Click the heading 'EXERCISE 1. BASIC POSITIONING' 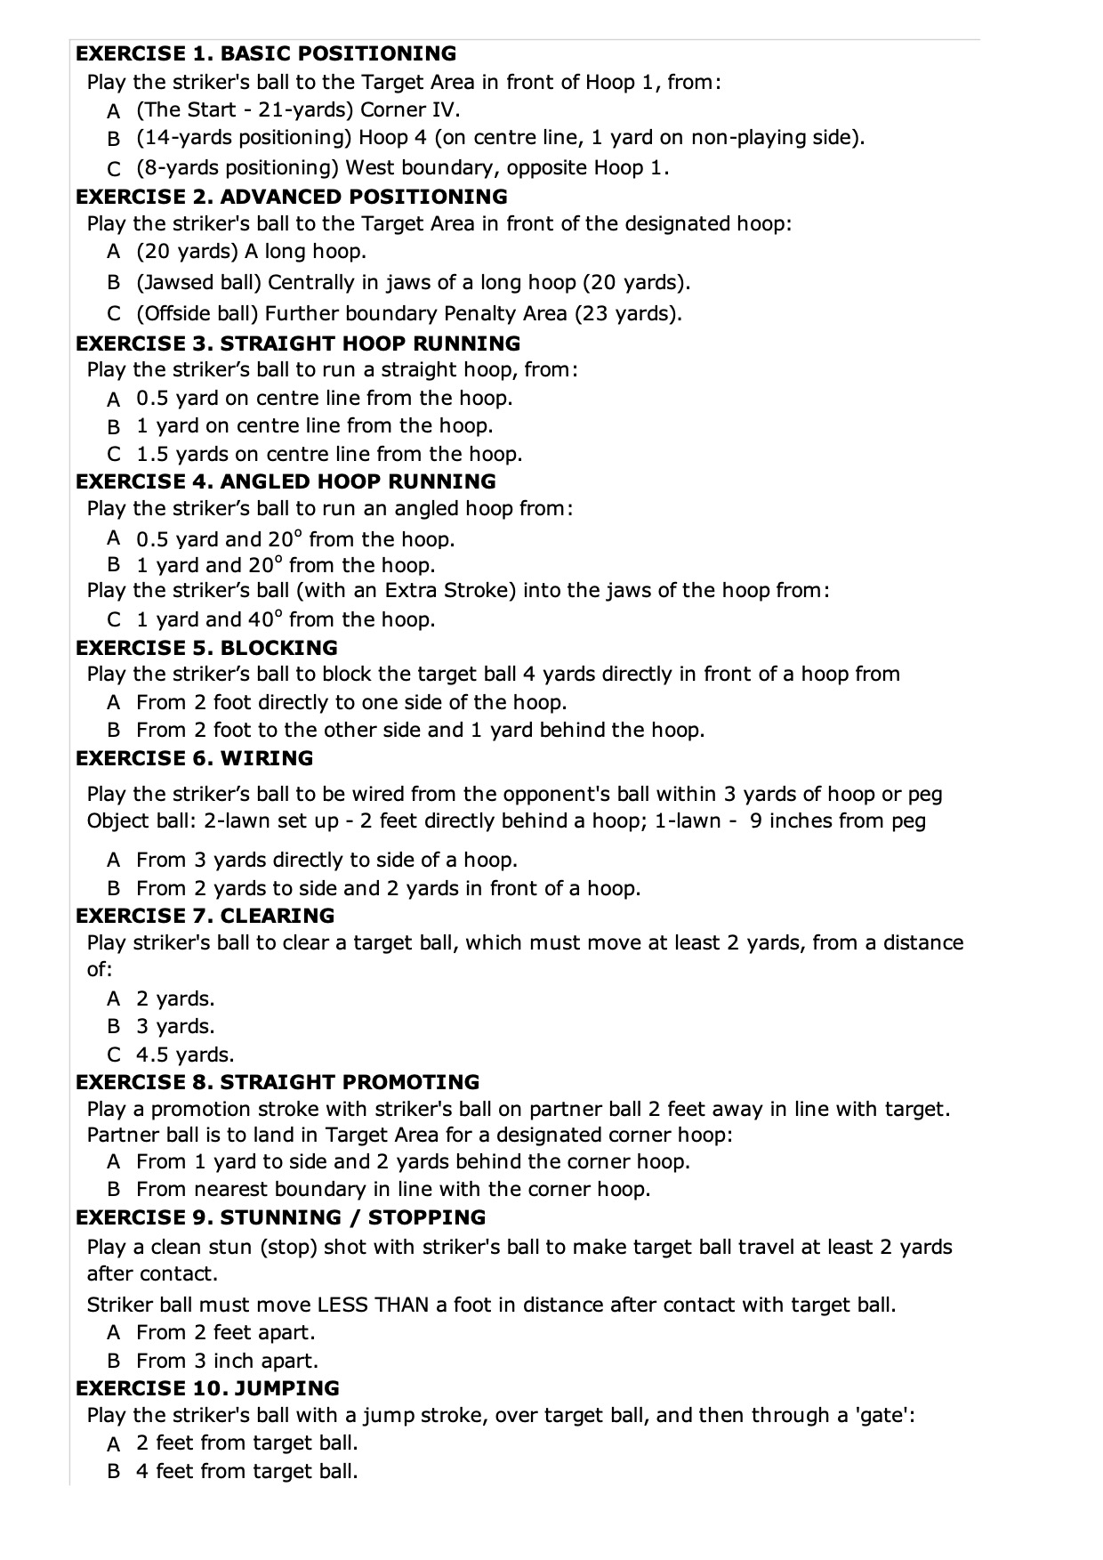click(266, 53)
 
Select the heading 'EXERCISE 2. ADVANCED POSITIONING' click(292, 197)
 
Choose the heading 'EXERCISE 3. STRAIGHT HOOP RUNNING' click(298, 344)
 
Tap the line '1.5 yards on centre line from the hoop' click(329, 454)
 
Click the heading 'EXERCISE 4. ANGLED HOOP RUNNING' click(286, 481)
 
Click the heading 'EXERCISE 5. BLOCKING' click(206, 648)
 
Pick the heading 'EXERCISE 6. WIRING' click(194, 758)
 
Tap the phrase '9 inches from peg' click(837, 820)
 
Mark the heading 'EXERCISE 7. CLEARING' click(205, 916)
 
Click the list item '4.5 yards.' click(185, 1055)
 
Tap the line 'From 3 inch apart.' click(227, 1361)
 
